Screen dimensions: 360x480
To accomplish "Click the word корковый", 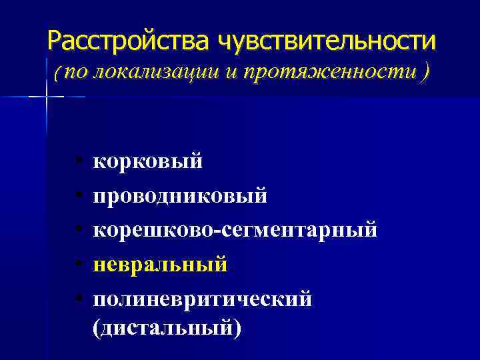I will (147, 161).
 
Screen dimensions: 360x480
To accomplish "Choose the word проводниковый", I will (180, 195).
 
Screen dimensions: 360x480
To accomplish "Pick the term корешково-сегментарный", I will (235, 230).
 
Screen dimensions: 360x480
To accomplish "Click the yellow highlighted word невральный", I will (160, 265).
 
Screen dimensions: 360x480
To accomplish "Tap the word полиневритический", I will (202, 299).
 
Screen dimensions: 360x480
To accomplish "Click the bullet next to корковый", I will (79, 161).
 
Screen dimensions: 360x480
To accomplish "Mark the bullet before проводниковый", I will (79, 196).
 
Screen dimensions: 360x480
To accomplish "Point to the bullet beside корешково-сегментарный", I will (79, 231).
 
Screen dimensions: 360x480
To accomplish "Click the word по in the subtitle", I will (75, 73).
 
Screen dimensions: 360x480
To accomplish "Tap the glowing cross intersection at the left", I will (47, 97).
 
